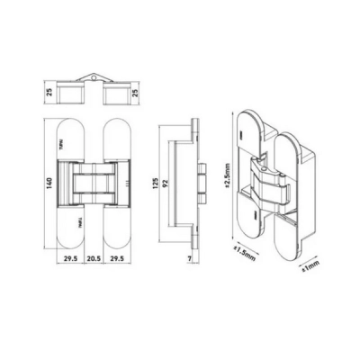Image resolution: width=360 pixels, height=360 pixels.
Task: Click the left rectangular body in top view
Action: point(70,94)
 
